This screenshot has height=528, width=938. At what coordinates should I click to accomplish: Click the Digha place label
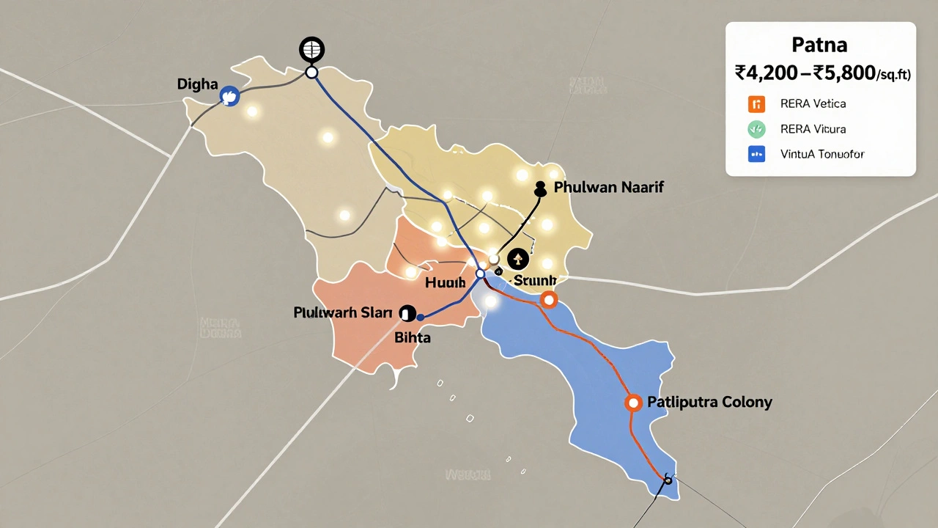(198, 84)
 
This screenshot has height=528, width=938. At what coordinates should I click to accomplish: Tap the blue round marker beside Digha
(230, 95)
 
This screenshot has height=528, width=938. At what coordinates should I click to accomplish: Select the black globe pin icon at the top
(311, 50)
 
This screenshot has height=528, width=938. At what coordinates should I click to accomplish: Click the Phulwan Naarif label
(608, 187)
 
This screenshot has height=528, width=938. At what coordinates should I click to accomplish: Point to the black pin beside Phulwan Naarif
(542, 189)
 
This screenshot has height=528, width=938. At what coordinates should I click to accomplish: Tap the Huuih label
(445, 282)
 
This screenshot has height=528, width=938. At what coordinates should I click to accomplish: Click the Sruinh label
(535, 281)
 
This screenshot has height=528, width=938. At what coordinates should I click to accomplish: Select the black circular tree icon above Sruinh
(517, 258)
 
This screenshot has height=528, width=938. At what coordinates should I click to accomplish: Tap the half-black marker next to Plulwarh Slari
(407, 313)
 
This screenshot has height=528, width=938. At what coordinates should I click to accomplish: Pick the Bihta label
(413, 338)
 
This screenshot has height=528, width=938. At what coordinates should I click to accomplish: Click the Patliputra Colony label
(709, 403)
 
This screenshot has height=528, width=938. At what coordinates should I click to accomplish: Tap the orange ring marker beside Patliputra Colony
(633, 403)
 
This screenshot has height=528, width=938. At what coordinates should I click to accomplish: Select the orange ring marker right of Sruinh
(548, 299)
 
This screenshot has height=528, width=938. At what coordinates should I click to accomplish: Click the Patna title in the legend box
(819, 45)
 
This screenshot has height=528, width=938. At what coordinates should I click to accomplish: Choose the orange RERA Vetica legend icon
(756, 104)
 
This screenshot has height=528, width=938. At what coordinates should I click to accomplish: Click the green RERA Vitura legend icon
(756, 129)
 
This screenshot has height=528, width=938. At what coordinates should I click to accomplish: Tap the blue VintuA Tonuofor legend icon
(756, 154)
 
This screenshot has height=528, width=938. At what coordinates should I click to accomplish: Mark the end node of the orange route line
(668, 479)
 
